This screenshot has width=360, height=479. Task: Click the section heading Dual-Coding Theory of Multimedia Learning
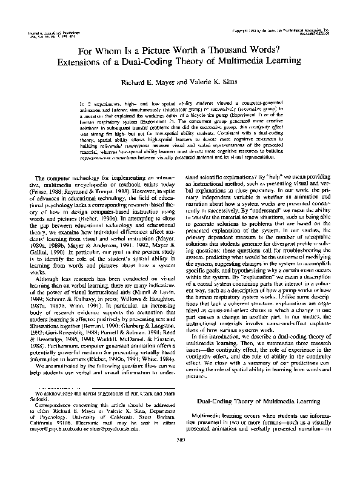click(262, 418)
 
